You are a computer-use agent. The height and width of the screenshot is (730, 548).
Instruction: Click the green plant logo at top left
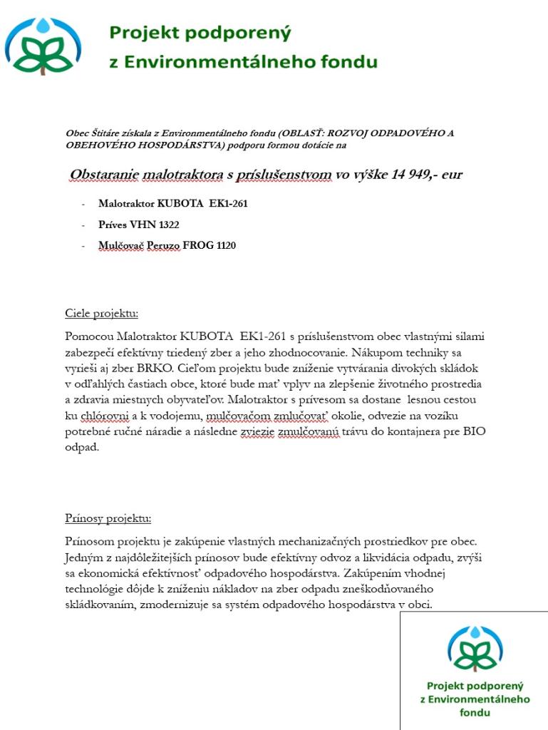(43, 47)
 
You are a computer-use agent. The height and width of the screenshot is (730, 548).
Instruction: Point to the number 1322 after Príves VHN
(169, 225)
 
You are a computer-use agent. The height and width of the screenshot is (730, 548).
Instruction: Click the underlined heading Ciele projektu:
(101, 314)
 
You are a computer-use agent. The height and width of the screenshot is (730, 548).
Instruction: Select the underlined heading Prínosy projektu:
(108, 518)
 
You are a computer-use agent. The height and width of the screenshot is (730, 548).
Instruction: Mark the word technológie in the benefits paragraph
(99, 588)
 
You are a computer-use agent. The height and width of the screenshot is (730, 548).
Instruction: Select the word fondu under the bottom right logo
(475, 712)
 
